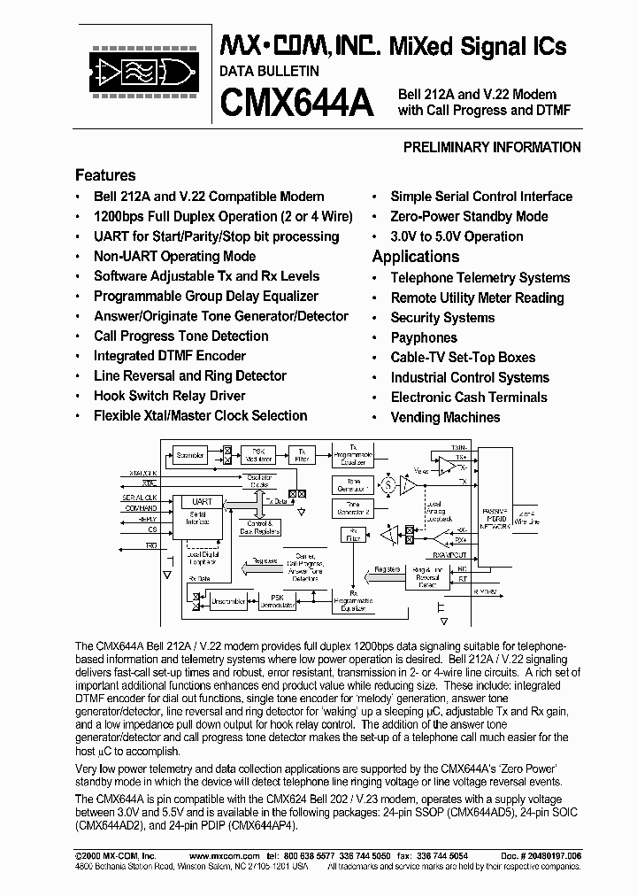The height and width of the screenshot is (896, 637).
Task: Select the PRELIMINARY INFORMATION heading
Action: point(492,148)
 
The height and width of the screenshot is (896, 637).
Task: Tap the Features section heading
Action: point(105,175)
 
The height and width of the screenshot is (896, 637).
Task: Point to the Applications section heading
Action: point(415,257)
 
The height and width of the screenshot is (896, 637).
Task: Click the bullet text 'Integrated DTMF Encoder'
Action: point(170,356)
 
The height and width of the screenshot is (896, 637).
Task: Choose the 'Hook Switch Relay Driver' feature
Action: point(170,396)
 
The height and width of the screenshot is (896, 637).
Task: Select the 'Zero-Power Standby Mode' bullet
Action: point(469,216)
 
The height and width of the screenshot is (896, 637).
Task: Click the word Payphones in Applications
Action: point(424,337)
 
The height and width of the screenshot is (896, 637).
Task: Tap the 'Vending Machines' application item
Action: point(445,417)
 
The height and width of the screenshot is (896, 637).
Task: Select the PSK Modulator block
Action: point(259,454)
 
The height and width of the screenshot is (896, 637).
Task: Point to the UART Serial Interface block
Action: point(202,513)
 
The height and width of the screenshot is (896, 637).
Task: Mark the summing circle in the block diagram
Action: point(388,484)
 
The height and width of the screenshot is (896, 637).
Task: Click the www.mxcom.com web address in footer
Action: point(225,857)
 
